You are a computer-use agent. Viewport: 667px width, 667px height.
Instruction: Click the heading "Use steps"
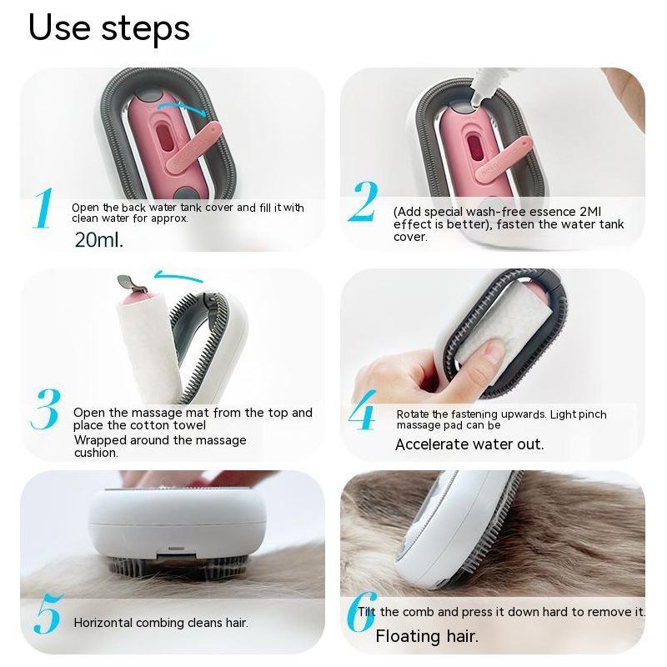coord(109,27)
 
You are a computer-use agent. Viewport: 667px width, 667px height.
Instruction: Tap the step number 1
coord(43,208)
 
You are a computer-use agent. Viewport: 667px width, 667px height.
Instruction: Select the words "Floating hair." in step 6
coord(427,637)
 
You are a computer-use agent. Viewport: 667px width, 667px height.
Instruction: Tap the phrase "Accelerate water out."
coord(469,444)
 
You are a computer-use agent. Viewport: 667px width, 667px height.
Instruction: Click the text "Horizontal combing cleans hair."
coord(161,623)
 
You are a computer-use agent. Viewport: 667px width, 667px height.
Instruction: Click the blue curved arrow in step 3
coord(179,278)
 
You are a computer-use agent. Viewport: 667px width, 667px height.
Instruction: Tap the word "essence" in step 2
coord(549,212)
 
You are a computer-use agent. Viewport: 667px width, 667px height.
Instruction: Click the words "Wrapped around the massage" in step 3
coord(160,439)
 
